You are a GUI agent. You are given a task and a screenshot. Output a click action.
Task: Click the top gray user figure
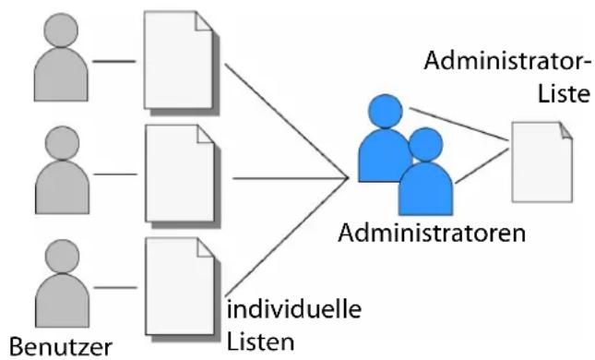(61, 65)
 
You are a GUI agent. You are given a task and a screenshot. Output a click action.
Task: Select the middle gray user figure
(62, 176)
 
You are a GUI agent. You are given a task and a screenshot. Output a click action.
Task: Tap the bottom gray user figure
(62, 289)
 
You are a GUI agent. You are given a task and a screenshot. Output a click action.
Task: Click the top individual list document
(182, 64)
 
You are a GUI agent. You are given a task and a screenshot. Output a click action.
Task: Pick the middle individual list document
(183, 176)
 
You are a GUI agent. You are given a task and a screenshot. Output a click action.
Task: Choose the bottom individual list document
(183, 290)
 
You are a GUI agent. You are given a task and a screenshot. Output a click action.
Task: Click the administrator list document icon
(541, 162)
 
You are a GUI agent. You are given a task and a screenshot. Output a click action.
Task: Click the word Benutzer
(60, 347)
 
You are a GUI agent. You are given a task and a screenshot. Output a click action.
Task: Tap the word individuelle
(294, 308)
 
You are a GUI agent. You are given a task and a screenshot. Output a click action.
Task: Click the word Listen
(260, 342)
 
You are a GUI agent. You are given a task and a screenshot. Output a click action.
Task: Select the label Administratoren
(432, 233)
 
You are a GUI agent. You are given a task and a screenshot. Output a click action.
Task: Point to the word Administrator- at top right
(507, 60)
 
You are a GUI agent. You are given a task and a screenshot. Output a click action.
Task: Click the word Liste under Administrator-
(564, 93)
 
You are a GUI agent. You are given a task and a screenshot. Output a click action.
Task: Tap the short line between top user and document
(113, 61)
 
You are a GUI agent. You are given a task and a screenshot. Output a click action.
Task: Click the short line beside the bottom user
(115, 287)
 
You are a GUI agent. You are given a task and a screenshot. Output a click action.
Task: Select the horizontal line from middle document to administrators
(291, 178)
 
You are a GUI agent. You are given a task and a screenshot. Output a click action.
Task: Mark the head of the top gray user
(61, 30)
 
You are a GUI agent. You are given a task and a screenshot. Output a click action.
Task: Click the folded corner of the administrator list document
(565, 131)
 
